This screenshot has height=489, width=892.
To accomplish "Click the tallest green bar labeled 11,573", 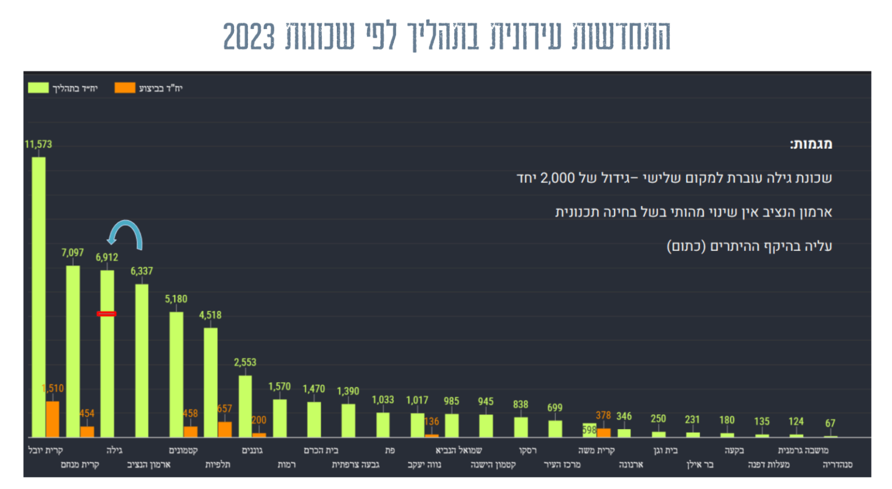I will coord(38,296).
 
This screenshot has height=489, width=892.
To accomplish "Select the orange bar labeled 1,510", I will coord(53,419).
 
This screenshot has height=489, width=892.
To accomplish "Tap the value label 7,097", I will coord(73,253).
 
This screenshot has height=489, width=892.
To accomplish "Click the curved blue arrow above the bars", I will coord(125,233).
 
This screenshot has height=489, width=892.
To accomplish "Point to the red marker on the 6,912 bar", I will coord(106,314).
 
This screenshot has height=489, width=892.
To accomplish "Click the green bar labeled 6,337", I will coord(142,360).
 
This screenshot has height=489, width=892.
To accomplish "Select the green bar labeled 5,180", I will coord(176,374).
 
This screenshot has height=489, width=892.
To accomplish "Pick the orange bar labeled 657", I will coord(225,429).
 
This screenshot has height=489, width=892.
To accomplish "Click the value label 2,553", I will coord(245,362).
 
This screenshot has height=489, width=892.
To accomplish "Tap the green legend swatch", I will coord(38,88).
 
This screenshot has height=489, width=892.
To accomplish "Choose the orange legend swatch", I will coord(125,88).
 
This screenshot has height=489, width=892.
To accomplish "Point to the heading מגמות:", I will coord(811,144).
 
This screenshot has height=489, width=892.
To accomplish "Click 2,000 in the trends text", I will coord(557,178).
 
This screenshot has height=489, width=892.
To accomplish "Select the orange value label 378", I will coord(603,415).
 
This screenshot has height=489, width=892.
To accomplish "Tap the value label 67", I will coord(830,423).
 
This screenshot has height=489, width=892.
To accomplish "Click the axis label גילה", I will coord(114,450).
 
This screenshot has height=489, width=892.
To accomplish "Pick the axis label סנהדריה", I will coord(837,465).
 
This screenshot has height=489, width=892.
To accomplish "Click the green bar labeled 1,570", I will coord(280,418).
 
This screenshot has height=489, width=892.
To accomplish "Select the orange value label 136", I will coord(431,422).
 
